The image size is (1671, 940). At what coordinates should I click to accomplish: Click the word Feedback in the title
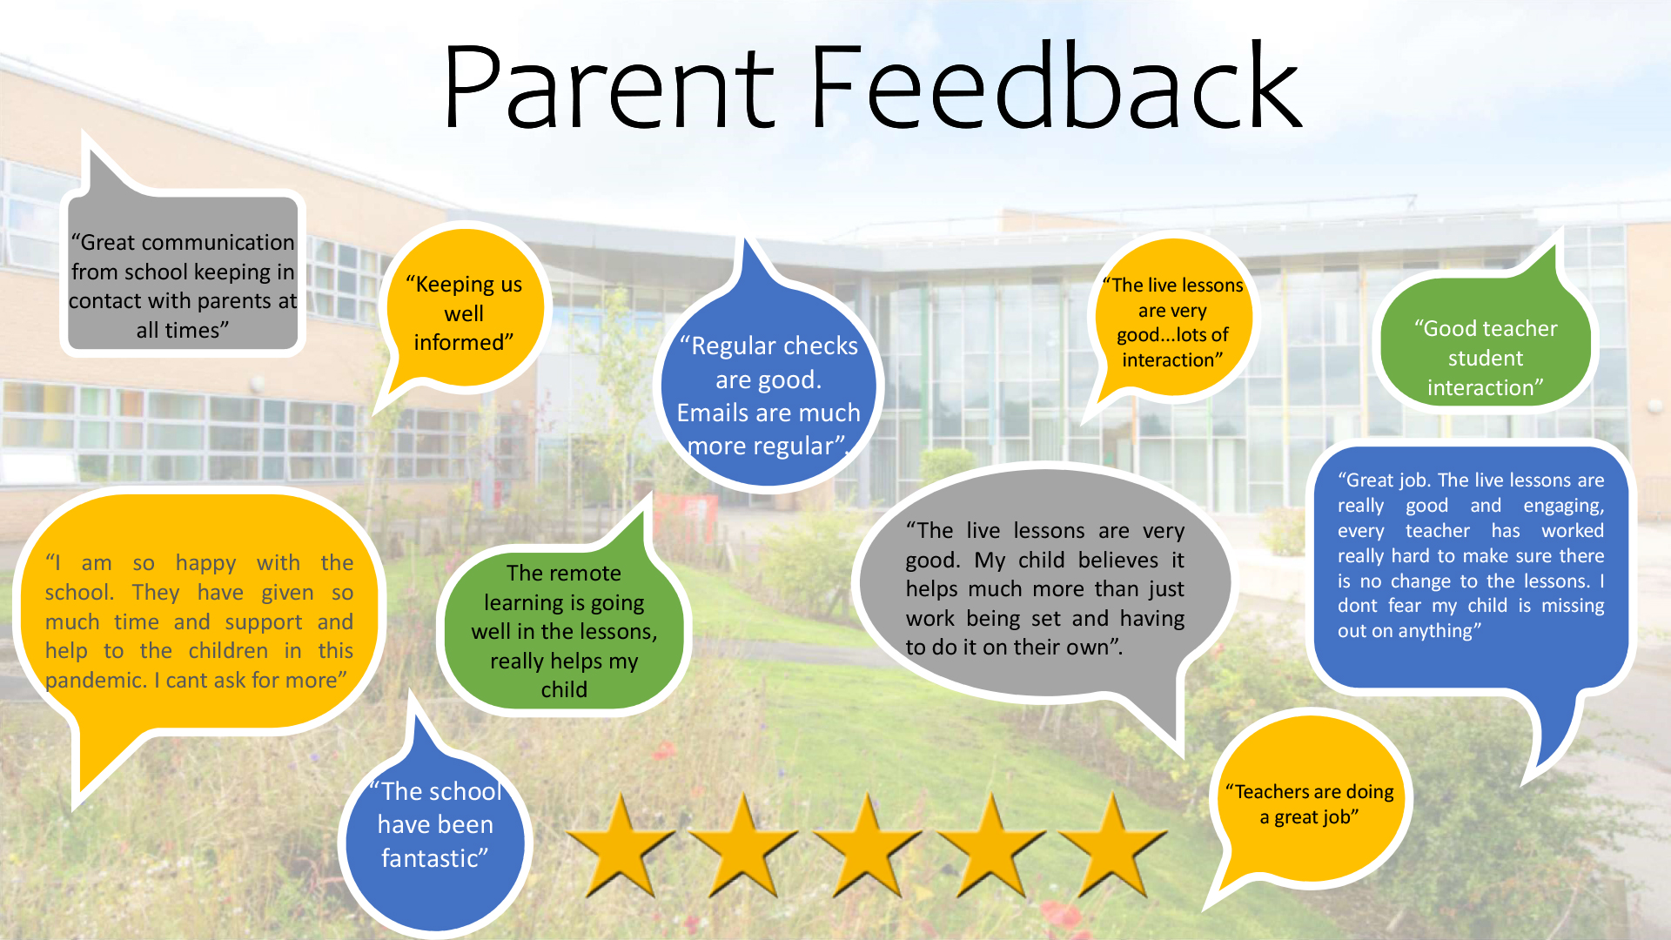(x=1056, y=84)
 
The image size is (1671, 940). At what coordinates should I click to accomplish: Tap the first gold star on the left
(x=621, y=846)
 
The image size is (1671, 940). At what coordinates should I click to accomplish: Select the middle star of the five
(x=867, y=846)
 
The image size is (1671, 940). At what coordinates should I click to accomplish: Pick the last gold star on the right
(x=1112, y=846)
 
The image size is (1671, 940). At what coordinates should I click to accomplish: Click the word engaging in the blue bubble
(x=1563, y=507)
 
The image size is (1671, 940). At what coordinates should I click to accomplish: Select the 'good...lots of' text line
(x=1172, y=335)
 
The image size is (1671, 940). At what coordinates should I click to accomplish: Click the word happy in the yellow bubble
(x=205, y=564)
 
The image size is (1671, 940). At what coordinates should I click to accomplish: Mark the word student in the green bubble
(x=1485, y=359)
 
